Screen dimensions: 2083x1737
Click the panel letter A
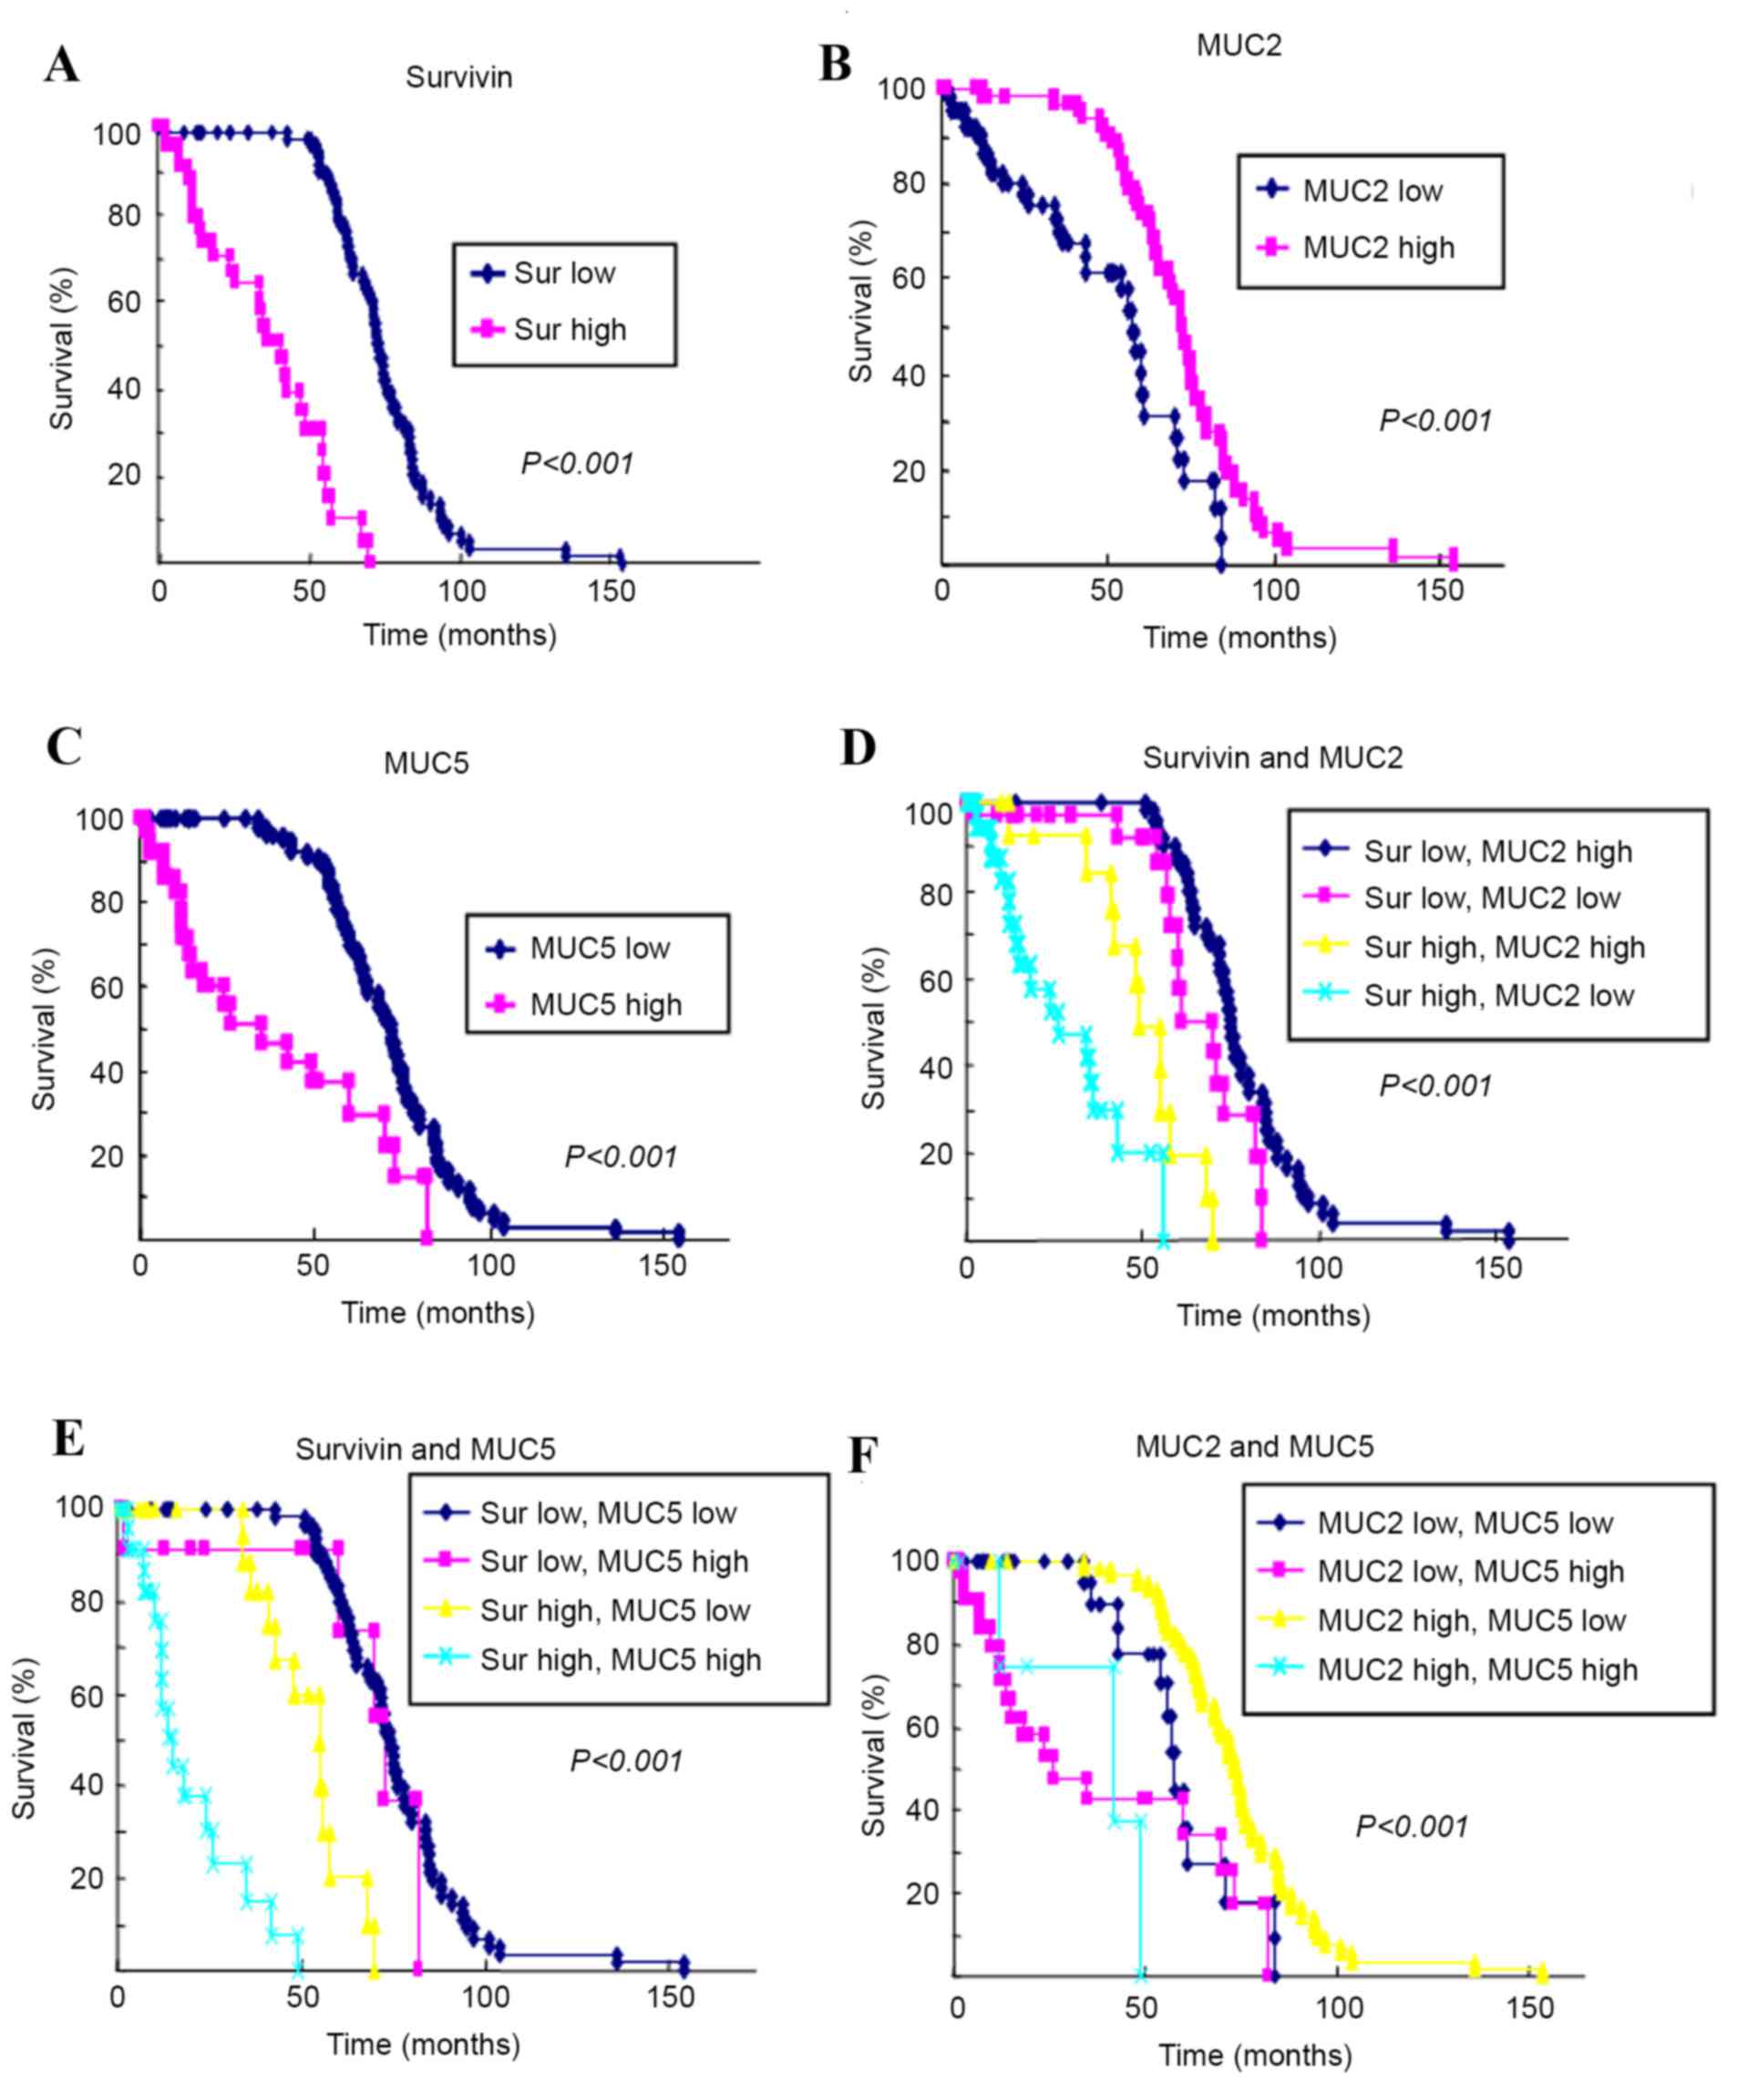pyautogui.click(x=61, y=67)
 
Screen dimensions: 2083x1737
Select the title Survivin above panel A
pyautogui.click(x=458, y=77)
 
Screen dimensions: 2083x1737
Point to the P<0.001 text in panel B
pyautogui.click(x=1435, y=421)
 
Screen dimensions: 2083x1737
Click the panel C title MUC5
pyautogui.click(x=426, y=763)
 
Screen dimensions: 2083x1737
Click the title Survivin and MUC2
pyautogui.click(x=1273, y=758)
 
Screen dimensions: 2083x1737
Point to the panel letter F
pyautogui.click(x=863, y=1456)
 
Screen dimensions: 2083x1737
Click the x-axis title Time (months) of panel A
pyautogui.click(x=459, y=635)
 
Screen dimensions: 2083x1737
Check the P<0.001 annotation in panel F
pyautogui.click(x=1412, y=1826)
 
